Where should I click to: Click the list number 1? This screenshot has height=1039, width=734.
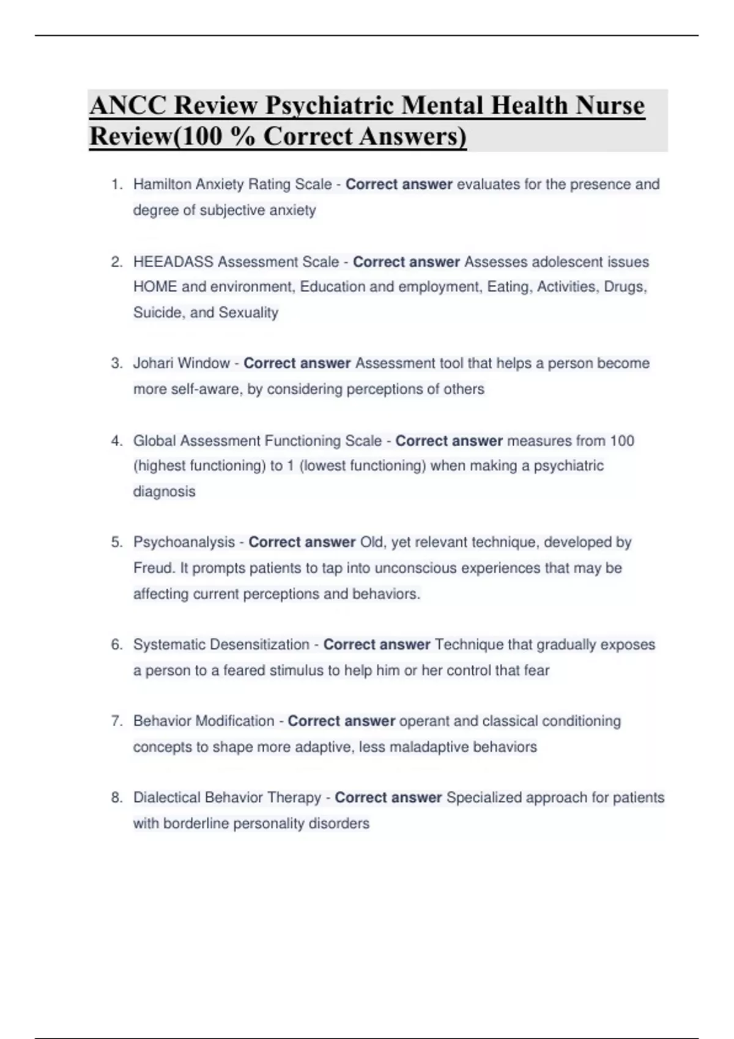116,185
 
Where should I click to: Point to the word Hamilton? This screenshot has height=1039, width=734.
162,185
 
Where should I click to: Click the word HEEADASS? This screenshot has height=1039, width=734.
173,262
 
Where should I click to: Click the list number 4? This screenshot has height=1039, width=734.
116,441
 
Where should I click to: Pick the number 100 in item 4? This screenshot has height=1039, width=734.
622,441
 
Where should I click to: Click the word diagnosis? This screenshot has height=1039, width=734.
164,492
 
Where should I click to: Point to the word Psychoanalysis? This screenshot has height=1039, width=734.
184,543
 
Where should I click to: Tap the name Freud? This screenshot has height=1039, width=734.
154,568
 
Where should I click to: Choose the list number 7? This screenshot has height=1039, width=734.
116,721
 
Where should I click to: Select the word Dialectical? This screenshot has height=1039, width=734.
167,798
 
